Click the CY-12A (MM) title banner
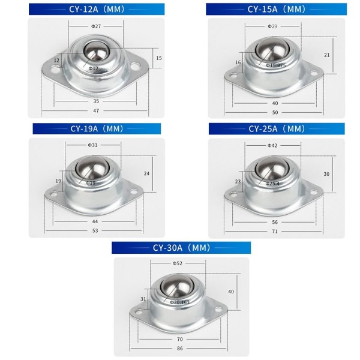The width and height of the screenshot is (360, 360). [x=97, y=9]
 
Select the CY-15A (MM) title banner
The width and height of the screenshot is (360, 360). [x=276, y=9]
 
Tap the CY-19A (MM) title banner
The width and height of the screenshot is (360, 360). [x=97, y=128]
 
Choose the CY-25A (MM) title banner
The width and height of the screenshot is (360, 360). [x=277, y=128]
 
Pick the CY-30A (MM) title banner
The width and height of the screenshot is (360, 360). [x=181, y=248]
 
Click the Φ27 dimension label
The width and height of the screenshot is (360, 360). [x=96, y=26]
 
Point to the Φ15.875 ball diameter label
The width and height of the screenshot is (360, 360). [x=276, y=65]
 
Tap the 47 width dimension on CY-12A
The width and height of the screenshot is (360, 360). [x=96, y=110]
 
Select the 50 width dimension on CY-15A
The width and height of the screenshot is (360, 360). [x=275, y=113]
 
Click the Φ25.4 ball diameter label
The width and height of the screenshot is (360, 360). [x=272, y=184]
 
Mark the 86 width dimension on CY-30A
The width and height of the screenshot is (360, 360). [x=180, y=348]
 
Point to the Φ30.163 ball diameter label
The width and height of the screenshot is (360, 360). [x=180, y=302]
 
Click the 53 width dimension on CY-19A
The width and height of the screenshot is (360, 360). [x=95, y=230]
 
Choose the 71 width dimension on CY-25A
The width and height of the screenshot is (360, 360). [x=275, y=231]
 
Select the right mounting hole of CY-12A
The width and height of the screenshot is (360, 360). [x=135, y=67]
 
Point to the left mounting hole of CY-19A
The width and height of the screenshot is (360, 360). [x=54, y=193]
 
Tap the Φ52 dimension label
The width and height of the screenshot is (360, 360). [x=178, y=263]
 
